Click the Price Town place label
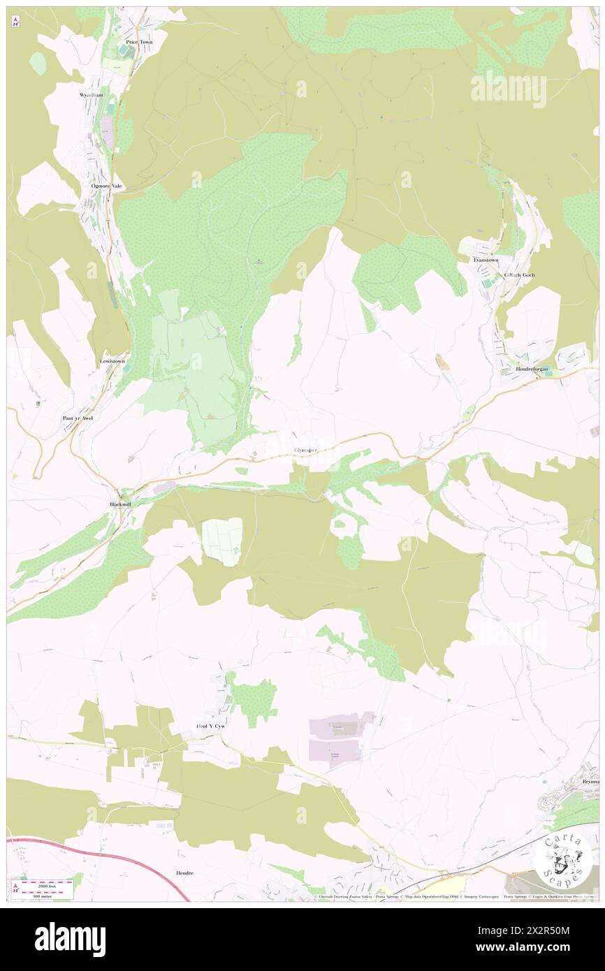coord(139,42)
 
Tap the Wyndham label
coord(91,94)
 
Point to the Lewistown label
coord(112,361)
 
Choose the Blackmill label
coord(120,504)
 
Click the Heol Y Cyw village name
coord(211,727)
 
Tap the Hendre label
coord(184,873)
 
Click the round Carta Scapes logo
coord(562,861)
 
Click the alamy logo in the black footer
coord(70,939)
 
